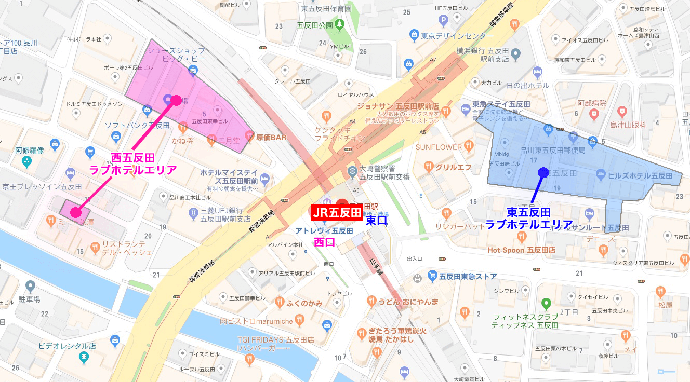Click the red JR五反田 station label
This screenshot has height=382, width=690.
tap(337, 212)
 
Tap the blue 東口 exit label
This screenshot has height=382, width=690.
tap(377, 221)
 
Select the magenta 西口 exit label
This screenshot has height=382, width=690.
tap(325, 242)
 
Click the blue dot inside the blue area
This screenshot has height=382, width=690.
tap(543, 172)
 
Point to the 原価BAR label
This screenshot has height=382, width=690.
tap(271, 138)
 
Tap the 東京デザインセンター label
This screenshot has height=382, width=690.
tap(457, 36)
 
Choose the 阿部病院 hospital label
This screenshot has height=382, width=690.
tap(592, 103)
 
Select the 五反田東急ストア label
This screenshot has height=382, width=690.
tap(468, 276)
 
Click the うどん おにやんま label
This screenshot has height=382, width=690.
tap(409, 302)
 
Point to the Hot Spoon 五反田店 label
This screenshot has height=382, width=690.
tap(521, 250)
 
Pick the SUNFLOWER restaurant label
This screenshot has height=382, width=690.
tap(439, 147)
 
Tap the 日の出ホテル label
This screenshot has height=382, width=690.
tap(527, 85)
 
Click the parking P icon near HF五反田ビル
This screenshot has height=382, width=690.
tap(443, 21)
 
